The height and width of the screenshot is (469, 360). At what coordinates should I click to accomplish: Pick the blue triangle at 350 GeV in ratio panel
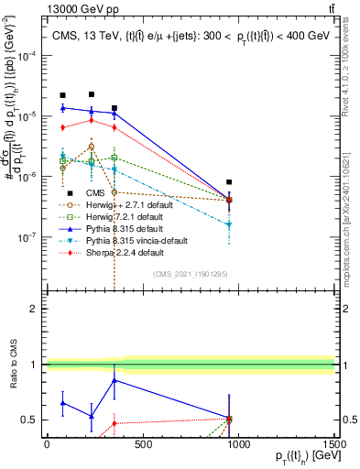click(114, 379)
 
